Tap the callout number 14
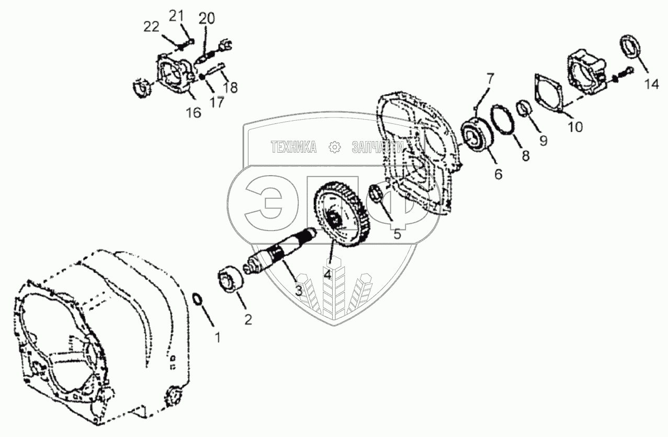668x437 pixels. (652, 84)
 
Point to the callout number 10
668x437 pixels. (575, 126)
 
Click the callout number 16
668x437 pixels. (194, 113)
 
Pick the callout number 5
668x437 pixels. (398, 235)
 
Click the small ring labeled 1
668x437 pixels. (197, 300)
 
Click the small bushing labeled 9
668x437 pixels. (525, 109)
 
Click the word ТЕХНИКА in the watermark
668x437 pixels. (293, 148)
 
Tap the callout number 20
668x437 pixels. (207, 19)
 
